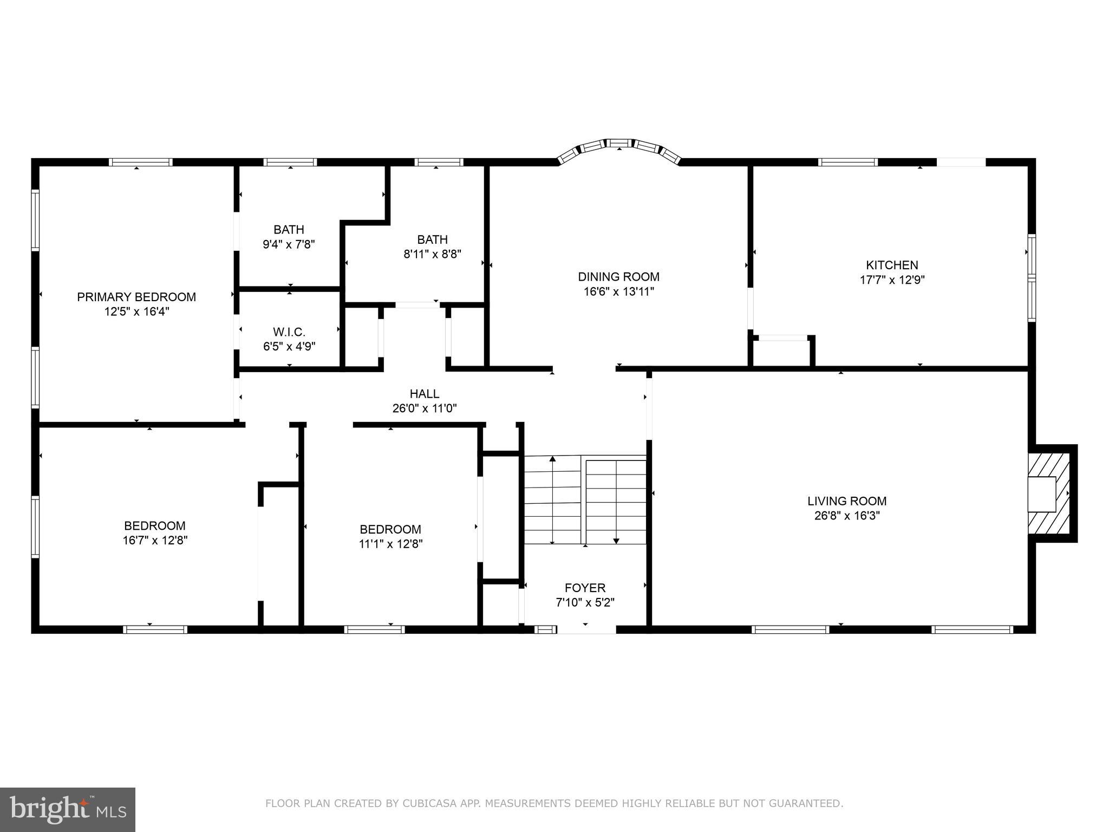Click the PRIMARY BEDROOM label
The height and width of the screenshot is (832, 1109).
pos(136,297)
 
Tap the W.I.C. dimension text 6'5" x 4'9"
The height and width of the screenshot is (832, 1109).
pos(289,346)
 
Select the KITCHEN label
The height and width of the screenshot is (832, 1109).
pos(892,265)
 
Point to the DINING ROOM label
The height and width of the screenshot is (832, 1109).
pos(618,277)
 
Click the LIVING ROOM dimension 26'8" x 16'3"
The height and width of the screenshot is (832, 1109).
pos(847,516)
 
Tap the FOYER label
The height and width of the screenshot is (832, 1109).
pos(585,588)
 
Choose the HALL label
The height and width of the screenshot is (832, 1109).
pos(424,394)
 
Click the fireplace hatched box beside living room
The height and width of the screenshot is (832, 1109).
pos(1049,493)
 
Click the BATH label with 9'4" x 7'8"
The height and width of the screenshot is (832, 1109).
pos(289,230)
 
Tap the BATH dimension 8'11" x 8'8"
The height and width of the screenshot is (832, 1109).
pos(432,254)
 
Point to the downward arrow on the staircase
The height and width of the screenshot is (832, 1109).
pos(616,540)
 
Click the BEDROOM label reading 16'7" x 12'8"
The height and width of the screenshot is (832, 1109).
pos(155,525)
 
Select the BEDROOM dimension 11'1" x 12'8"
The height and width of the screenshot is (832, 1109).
pos(390,544)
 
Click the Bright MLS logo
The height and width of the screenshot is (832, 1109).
pos(68,809)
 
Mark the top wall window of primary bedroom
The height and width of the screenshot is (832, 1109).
pos(140,162)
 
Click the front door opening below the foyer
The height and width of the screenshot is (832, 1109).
pos(586,629)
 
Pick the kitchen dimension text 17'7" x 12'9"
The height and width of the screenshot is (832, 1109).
pos(892,280)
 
